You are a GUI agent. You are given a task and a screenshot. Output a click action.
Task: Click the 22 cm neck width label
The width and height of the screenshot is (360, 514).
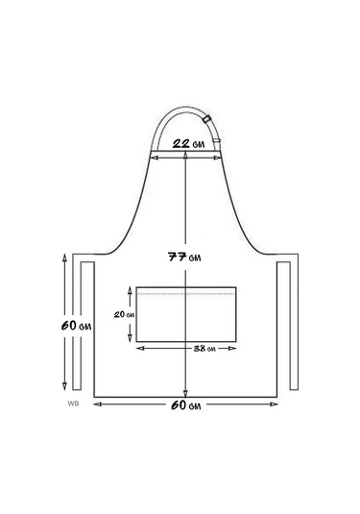[x=189, y=144]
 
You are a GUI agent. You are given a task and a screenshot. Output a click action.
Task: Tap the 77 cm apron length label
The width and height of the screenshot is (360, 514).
[x=184, y=257]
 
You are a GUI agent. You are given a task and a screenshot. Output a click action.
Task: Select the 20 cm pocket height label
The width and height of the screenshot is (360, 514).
[x=124, y=315]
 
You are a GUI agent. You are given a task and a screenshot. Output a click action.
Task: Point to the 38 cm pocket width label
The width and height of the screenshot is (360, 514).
[x=204, y=349]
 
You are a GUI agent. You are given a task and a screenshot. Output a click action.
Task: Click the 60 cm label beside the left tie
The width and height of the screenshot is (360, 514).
[x=76, y=326]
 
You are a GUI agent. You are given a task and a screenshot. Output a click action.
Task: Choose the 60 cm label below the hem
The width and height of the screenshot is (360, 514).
[x=185, y=405]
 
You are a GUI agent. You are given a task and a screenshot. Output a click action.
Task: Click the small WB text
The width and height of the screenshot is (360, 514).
[x=73, y=404]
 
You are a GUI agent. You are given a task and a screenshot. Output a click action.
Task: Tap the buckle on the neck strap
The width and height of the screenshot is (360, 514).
[x=207, y=119]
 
